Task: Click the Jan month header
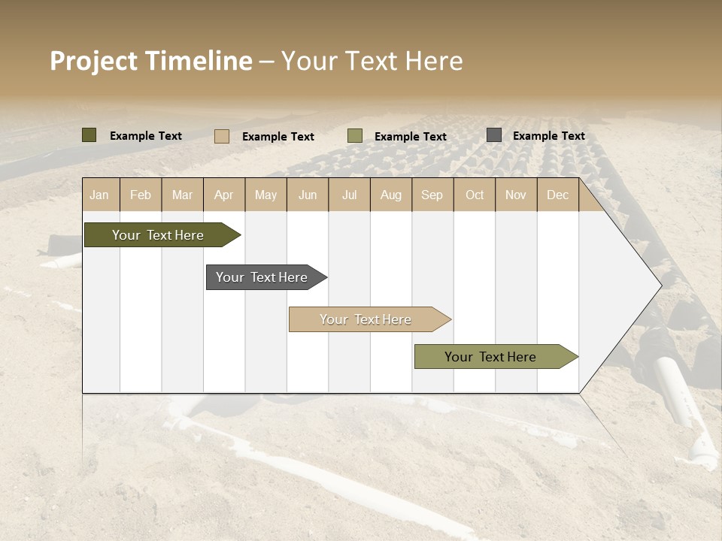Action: pyautogui.click(x=99, y=195)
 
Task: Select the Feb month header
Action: pyautogui.click(x=141, y=195)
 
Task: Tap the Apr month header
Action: pyautogui.click(x=223, y=195)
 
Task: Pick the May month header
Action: pyautogui.click(x=265, y=195)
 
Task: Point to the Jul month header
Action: pyautogui.click(x=349, y=195)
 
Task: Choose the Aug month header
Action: pyautogui.click(x=390, y=195)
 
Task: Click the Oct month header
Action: pyautogui.click(x=475, y=195)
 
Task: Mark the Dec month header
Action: pyautogui.click(x=557, y=195)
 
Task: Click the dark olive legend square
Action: pyautogui.click(x=89, y=135)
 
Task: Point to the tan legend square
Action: pyautogui.click(x=222, y=136)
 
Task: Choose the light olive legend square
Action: pyautogui.click(x=355, y=136)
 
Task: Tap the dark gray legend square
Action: pyautogui.click(x=494, y=135)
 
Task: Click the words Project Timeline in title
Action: pyautogui.click(x=151, y=61)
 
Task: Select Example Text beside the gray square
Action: pyautogui.click(x=548, y=136)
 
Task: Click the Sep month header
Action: pyautogui.click(x=432, y=195)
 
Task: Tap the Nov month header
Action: pyautogui.click(x=516, y=195)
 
